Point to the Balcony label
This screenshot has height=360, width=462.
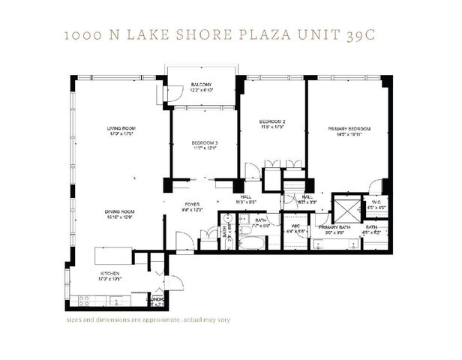[200, 83]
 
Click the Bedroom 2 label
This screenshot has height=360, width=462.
[272, 121]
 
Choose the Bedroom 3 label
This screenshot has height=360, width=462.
[204, 142]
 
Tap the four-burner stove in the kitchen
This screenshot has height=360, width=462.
[84, 300]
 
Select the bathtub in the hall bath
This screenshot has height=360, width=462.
[250, 243]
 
